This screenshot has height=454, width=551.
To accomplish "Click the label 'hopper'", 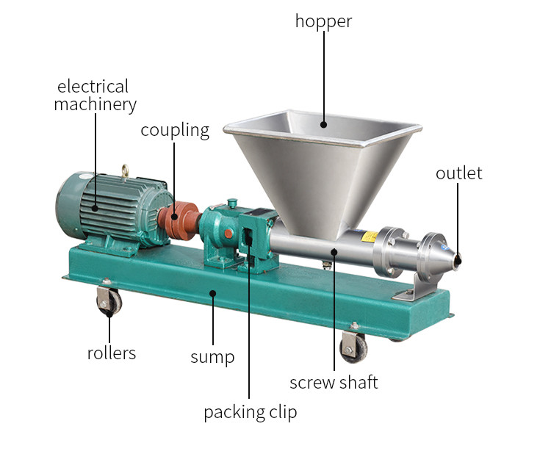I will [323, 21].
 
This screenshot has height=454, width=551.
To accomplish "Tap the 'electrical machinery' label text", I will [95, 96].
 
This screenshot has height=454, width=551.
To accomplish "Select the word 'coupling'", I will [175, 131].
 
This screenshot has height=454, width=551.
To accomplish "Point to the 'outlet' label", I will [458, 173].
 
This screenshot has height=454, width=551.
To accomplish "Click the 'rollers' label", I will [112, 353].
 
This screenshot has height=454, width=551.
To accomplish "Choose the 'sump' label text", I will [212, 358].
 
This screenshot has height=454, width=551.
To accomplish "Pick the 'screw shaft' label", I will [334, 382].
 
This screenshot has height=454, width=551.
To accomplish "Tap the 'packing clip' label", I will [250, 412].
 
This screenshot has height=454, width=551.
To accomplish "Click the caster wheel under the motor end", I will [109, 301].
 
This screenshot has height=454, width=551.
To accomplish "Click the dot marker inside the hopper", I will [323, 125].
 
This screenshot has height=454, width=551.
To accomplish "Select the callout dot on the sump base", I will [212, 293].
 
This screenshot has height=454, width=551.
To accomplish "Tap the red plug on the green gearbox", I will [228, 234].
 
